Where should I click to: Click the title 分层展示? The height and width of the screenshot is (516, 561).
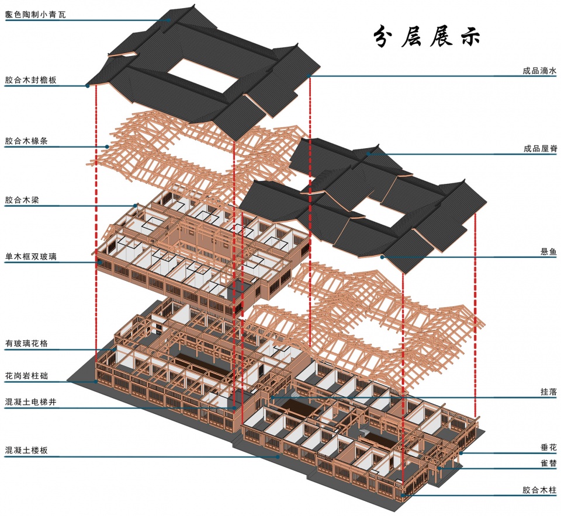(427, 36)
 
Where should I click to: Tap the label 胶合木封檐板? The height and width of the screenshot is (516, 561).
(31, 80)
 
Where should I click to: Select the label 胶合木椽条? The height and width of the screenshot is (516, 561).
(26, 141)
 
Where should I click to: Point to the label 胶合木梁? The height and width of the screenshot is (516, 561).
(22, 200)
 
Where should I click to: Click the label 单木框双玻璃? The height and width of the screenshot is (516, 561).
(31, 256)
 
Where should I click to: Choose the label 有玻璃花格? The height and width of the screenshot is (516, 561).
(26, 343)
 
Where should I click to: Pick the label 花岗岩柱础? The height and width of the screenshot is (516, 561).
(26, 375)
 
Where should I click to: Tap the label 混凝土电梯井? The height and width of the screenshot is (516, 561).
(31, 402)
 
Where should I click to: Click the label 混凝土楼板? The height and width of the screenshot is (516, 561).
(26, 450)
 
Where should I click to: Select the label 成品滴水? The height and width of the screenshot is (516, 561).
(539, 71)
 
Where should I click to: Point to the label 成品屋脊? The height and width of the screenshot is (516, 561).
(540, 149)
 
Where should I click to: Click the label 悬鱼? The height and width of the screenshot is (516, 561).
(549, 252)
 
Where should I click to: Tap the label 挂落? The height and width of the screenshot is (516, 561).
(549, 392)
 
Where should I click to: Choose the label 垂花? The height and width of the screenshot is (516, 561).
(549, 447)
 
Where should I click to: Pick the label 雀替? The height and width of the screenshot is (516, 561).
(549, 463)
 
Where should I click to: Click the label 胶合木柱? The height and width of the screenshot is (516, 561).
(539, 490)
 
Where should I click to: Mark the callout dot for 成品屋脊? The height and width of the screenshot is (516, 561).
(368, 154)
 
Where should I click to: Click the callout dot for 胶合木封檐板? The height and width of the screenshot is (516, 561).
(87, 86)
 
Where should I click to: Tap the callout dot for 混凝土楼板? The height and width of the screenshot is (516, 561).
(278, 456)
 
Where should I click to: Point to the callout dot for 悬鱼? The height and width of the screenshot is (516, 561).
(382, 257)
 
